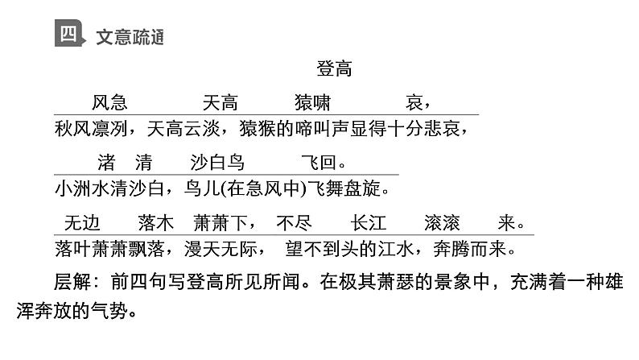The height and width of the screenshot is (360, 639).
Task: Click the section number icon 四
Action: click(x=68, y=35)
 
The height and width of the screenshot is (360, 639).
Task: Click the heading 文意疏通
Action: click(x=130, y=37)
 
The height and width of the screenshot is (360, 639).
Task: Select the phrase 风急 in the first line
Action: click(x=109, y=103)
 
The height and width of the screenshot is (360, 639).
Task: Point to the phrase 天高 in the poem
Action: click(x=220, y=103)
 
